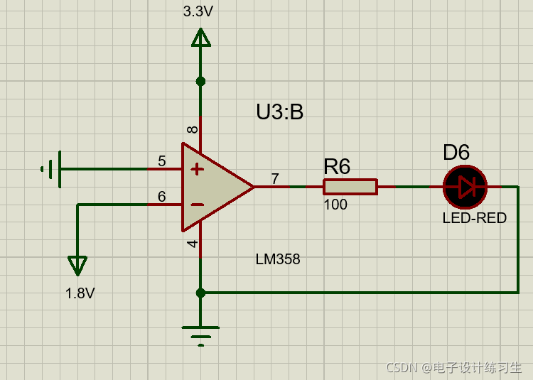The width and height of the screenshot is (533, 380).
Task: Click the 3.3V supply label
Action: pos(198,11)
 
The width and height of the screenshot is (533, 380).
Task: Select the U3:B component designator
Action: pos(279,112)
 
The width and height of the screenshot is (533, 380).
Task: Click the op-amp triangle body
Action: pos(213,187)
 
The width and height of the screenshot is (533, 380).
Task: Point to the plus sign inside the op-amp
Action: pos(198,170)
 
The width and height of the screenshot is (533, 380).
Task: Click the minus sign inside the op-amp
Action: pos(198,205)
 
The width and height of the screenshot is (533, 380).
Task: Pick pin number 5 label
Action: pos(162,161)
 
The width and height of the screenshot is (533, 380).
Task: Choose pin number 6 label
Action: pos(162,197)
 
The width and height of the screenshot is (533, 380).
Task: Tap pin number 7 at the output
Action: pos(275,178)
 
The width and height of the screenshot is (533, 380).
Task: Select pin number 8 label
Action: pos(193,129)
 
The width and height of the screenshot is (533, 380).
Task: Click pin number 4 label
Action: pos(193,244)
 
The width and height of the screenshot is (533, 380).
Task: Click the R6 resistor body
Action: pos(350,187)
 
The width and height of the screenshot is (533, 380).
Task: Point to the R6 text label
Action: pos(337,167)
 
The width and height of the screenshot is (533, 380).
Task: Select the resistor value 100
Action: pos(335,205)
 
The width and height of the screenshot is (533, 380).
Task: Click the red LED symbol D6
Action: pos(465,187)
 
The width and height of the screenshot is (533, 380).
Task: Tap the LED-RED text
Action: pos(474,219)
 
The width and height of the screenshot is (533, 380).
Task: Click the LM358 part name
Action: pos(278,260)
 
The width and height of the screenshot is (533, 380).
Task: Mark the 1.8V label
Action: pos(80,293)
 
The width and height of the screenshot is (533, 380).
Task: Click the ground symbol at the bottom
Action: pos(200,333)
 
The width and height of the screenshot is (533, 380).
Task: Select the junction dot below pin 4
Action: pos(200,292)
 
